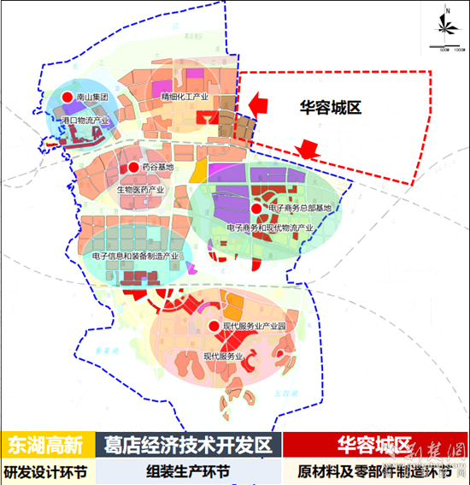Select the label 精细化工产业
(x=185, y=98)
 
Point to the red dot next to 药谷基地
(x=133, y=168)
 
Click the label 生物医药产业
(x=143, y=188)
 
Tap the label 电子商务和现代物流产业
(x=269, y=228)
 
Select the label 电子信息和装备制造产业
(x=135, y=256)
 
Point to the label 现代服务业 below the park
(x=224, y=356)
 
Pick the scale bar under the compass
(x=446, y=49)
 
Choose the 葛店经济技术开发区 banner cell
(x=188, y=445)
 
